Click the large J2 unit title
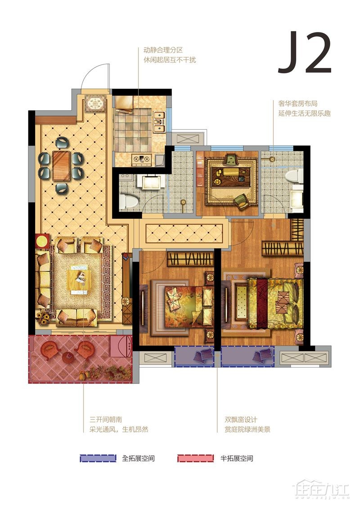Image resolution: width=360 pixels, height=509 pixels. pos(305,52)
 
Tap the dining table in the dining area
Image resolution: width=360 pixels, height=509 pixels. pos(61,166)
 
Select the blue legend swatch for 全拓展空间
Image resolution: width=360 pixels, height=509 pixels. pos(98,458)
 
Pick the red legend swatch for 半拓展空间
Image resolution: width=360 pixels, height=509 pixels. pos(196,458)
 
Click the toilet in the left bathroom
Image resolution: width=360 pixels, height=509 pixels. pos(126,202)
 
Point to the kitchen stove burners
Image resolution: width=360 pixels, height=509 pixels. pos(142,159)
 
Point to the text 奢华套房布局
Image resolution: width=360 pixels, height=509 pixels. pos(297,104)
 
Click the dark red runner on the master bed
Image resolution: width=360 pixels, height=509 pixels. pos(261,302)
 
